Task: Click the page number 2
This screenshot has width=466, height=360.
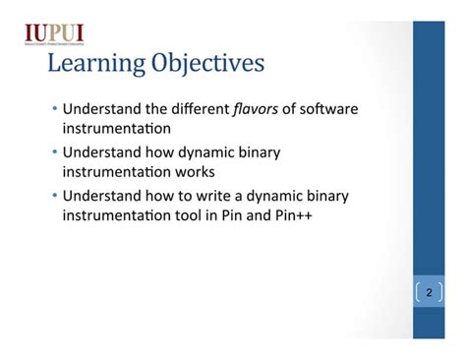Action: [x=429, y=292]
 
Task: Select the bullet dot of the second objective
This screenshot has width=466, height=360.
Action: [x=54, y=152]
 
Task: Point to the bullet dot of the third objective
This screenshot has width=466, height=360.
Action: [x=54, y=196]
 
